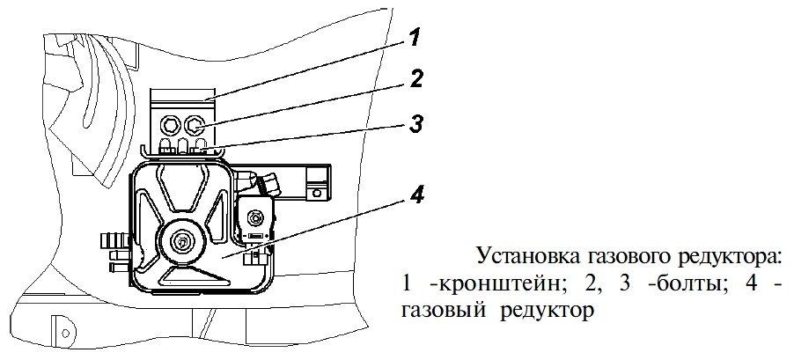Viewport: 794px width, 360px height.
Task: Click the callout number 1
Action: pyautogui.click(x=415, y=37)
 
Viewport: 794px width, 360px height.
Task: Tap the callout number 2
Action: pyautogui.click(x=415, y=78)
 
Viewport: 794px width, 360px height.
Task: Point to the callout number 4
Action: pyautogui.click(x=415, y=195)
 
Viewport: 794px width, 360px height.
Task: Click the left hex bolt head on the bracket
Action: pyautogui.click(x=169, y=123)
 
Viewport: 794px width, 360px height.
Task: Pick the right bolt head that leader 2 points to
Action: pyautogui.click(x=193, y=123)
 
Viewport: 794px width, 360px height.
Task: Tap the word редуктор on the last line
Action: pyautogui.click(x=548, y=312)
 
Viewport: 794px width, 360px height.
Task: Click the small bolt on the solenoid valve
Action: pyautogui.click(x=254, y=219)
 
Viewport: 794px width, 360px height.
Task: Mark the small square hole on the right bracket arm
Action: pyautogui.click(x=318, y=193)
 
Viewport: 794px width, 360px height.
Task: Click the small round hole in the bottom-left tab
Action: pyautogui.click(x=65, y=332)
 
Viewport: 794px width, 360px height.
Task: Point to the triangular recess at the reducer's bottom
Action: pyautogui.click(x=190, y=276)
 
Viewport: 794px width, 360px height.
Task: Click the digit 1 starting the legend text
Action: pyautogui.click(x=407, y=284)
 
